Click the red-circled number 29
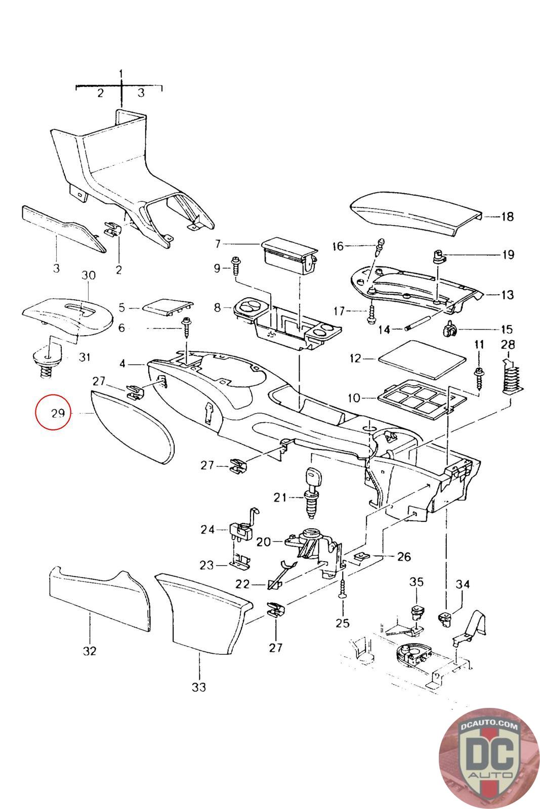(58, 413)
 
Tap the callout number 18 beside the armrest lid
(507, 217)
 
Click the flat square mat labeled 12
(422, 359)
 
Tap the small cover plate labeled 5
(168, 306)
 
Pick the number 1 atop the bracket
(121, 74)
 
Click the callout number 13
(507, 295)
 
